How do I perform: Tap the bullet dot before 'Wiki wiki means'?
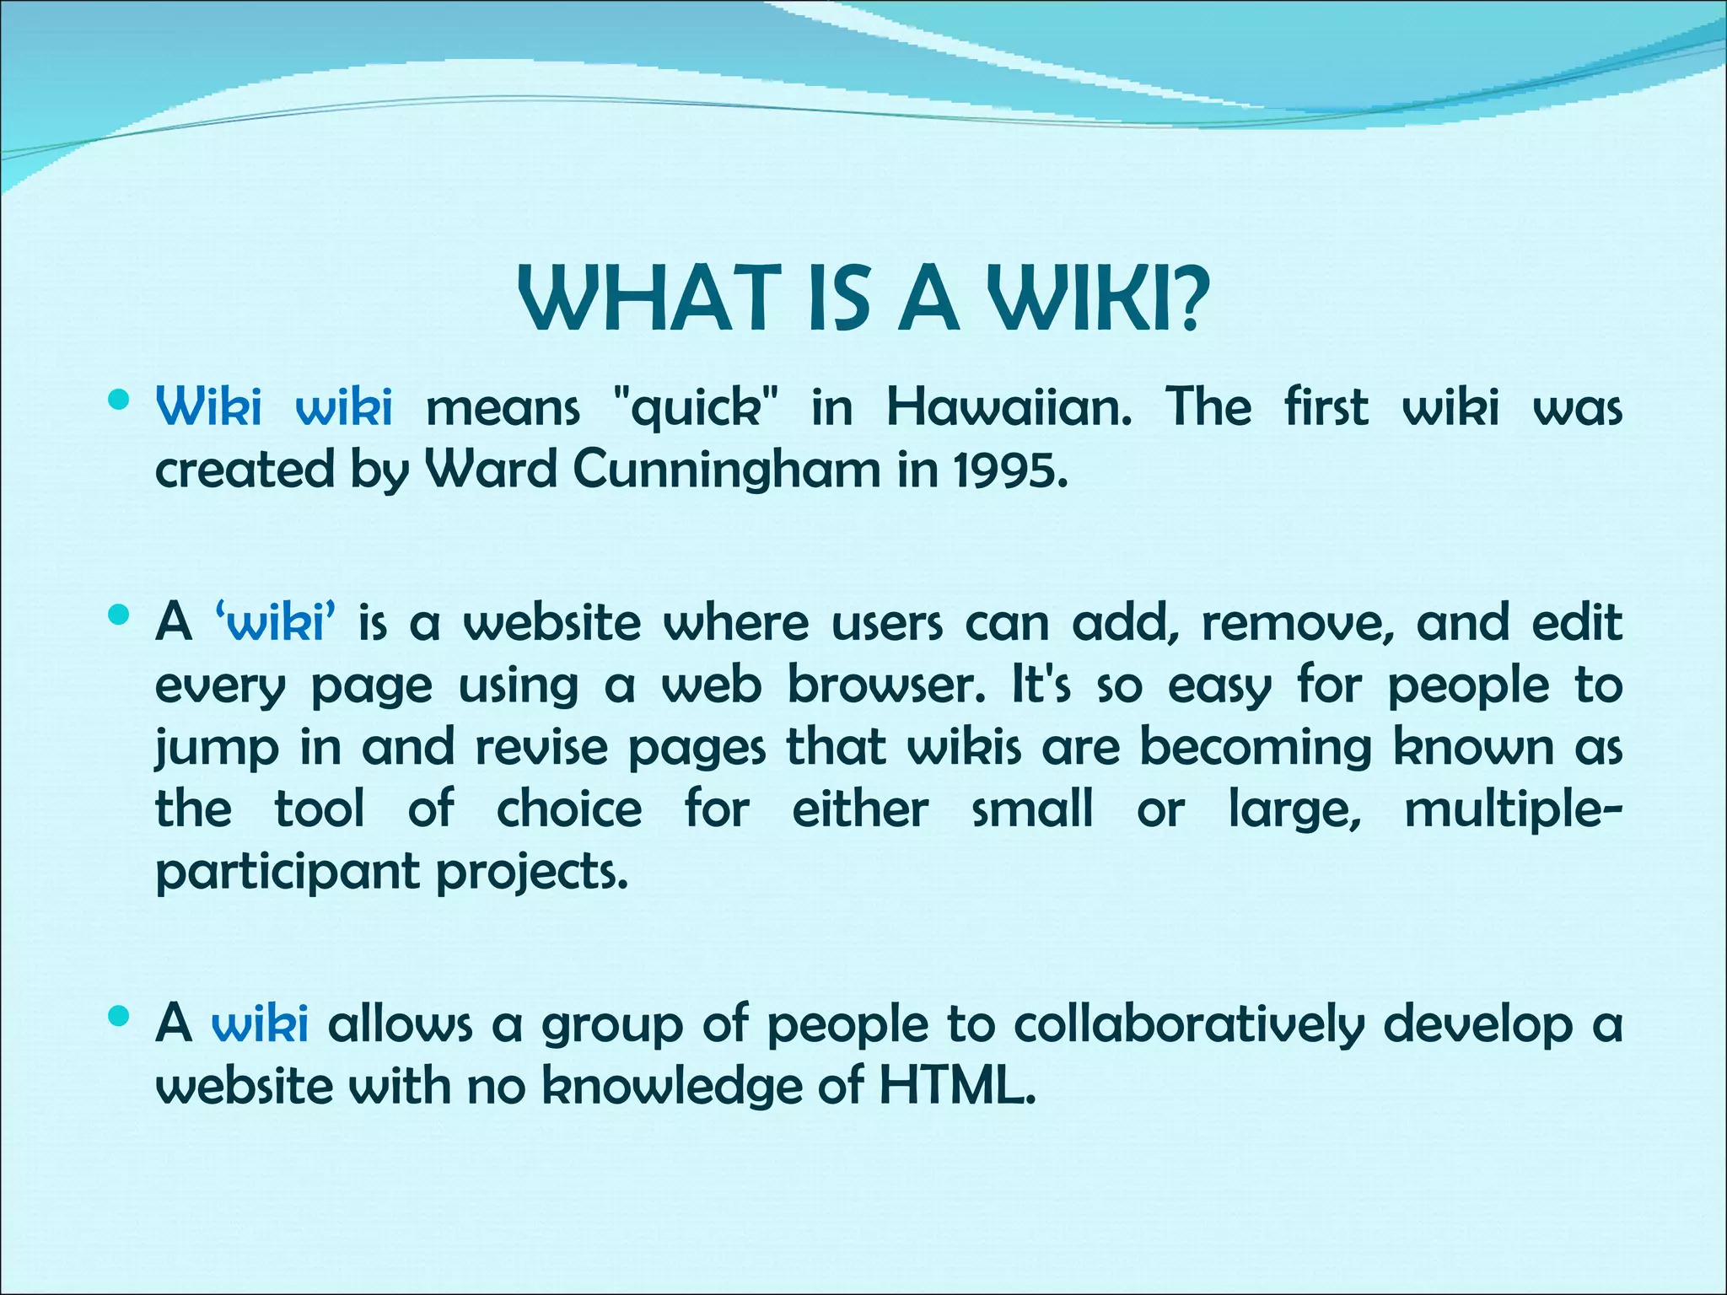tap(119, 400)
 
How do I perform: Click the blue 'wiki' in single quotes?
tap(277, 624)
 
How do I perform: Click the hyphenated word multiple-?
tap(1513, 810)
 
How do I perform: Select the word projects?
tap(532, 872)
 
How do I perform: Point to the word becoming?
tap(1256, 748)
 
